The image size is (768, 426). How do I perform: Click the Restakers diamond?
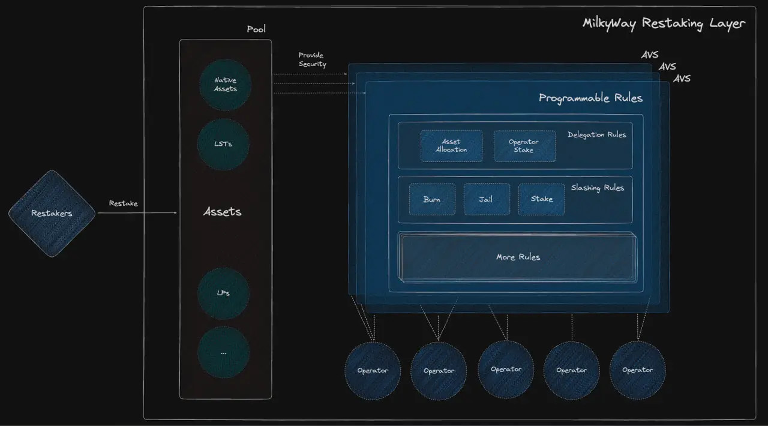point(52,214)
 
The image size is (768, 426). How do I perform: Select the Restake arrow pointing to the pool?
point(137,212)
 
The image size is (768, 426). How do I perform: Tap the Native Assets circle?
point(225,85)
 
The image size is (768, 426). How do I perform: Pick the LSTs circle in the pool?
point(223,144)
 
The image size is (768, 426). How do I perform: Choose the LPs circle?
point(223,293)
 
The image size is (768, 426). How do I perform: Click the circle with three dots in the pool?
point(223,353)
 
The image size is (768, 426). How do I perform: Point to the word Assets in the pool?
point(223,212)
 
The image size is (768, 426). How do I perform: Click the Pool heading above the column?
point(256,29)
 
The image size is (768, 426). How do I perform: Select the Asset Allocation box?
point(451,146)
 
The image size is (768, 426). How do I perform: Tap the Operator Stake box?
point(524,146)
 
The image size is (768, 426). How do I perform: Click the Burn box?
point(432,199)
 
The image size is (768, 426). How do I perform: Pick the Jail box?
point(486,199)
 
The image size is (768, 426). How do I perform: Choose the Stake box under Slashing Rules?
point(541,199)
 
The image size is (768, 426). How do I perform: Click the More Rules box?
point(518,257)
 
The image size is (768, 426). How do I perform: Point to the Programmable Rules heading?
point(590,98)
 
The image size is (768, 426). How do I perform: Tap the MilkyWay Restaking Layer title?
point(664,23)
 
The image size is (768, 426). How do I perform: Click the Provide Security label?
point(313,59)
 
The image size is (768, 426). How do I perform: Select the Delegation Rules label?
point(596,134)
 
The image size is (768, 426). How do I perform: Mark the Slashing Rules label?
point(597,188)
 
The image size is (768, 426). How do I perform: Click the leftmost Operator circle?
point(373,371)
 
